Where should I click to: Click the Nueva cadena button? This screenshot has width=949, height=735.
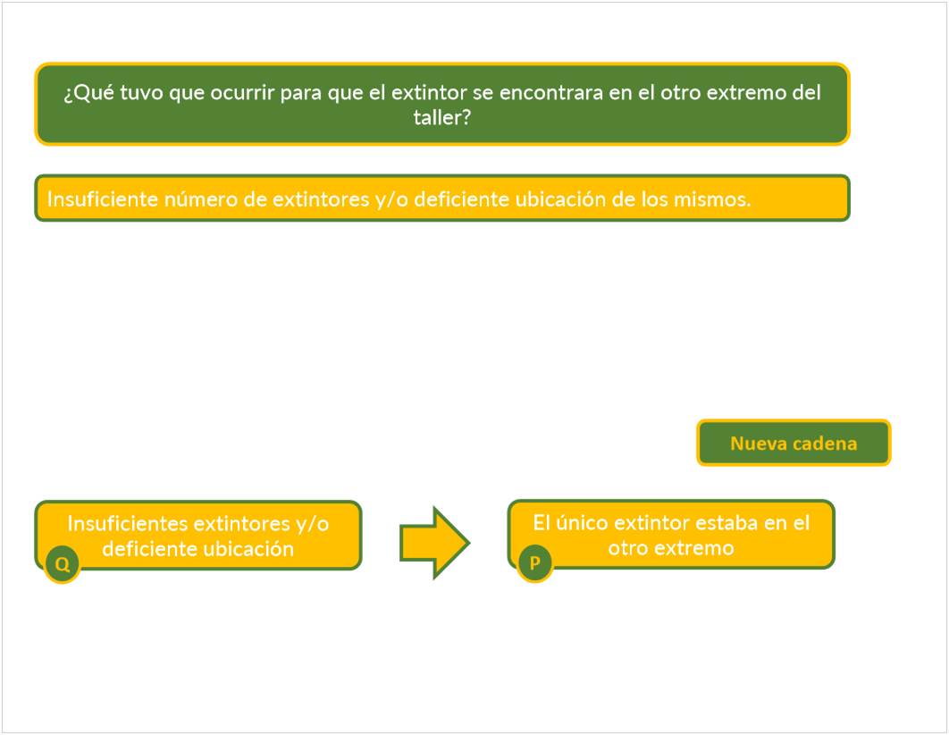pos(794,444)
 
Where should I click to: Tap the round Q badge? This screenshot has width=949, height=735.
pos(63,564)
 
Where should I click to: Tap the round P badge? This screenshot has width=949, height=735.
pos(534,563)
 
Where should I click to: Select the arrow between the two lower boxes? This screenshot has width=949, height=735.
pos(434,542)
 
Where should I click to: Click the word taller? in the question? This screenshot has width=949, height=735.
pos(441,117)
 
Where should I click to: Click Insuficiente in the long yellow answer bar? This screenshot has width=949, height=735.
pos(103,199)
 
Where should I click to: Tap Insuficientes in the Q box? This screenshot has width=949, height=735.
pos(128,523)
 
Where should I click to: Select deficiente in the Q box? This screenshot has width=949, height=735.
pos(145,548)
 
